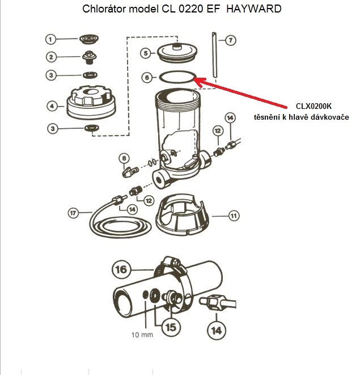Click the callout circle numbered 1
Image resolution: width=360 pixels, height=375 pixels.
coord(51,39)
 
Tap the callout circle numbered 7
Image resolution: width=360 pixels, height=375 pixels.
coord(230,40)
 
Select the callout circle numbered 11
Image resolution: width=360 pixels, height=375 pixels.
coord(233,216)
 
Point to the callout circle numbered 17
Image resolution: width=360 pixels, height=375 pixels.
coord(73,213)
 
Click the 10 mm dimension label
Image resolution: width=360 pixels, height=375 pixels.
coord(142,335)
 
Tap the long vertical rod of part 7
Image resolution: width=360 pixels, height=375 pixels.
coord(215,57)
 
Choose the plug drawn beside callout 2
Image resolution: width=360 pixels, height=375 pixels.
coord(89,57)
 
